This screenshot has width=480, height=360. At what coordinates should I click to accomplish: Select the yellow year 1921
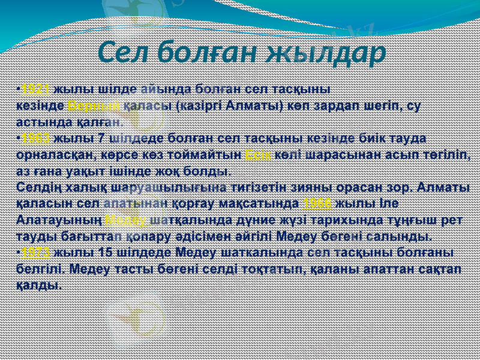[x=35, y=89]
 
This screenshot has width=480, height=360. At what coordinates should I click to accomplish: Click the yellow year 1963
[x=35, y=138]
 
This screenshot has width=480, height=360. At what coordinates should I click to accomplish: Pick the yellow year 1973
[x=35, y=251]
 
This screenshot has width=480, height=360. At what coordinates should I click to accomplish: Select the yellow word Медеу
[x=126, y=219]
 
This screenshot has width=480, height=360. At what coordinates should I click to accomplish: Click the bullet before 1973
[x=19, y=251]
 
